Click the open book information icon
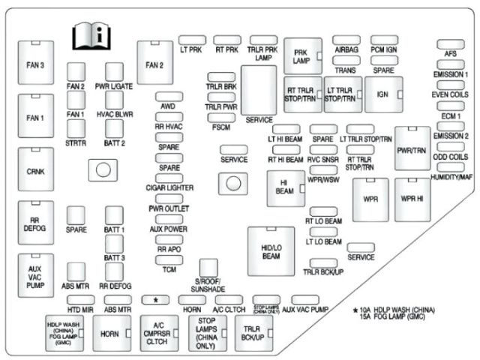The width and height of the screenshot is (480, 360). pyautogui.click(x=90, y=34)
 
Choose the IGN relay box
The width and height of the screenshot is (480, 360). pyautogui.click(x=383, y=94)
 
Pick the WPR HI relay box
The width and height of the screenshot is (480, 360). pyautogui.click(x=412, y=200)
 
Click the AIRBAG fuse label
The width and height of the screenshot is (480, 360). pyautogui.click(x=346, y=49)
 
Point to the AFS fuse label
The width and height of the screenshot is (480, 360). pyautogui.click(x=450, y=54)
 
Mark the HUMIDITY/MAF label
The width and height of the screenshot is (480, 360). pyautogui.click(x=451, y=177)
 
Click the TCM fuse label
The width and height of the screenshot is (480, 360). pyautogui.click(x=168, y=269)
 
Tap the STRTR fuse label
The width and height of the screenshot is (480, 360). pyautogui.click(x=75, y=142)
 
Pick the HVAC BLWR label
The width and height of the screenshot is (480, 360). pyautogui.click(x=114, y=114)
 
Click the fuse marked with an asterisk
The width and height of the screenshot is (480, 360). pyautogui.click(x=156, y=299)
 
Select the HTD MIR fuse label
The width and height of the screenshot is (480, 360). pyautogui.click(x=79, y=309)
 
